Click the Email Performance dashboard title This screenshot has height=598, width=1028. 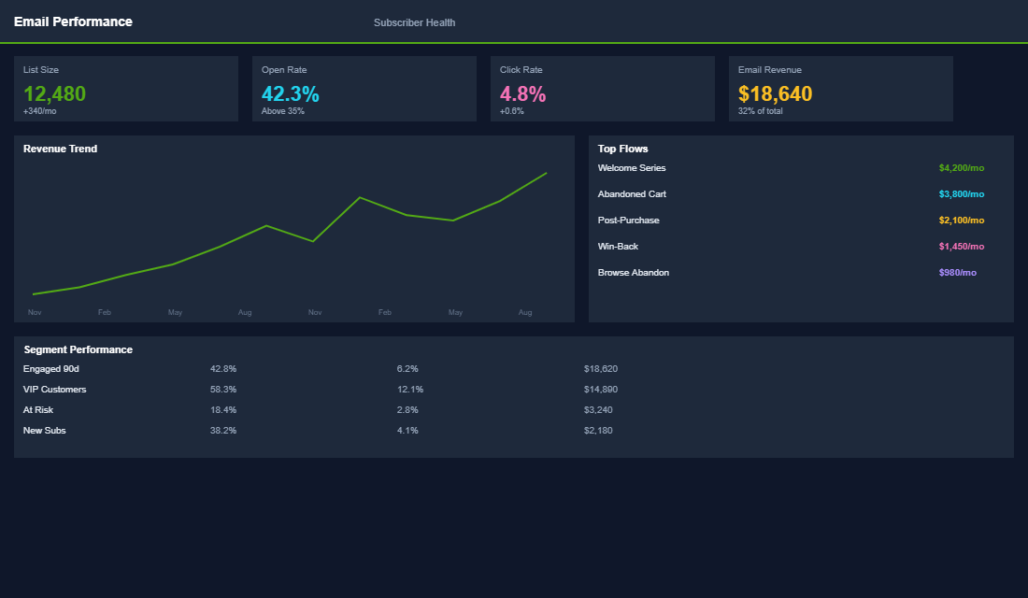pos(73,21)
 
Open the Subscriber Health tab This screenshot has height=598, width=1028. pos(414,22)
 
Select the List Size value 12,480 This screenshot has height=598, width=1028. pos(54,93)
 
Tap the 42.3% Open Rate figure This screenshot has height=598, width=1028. pos(290,93)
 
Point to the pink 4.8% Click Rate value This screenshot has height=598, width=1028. pos(522,93)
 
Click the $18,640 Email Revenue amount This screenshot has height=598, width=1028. pos(775,93)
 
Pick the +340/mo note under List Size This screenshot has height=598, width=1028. pos(40,111)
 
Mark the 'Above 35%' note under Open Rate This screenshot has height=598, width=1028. pos(282,111)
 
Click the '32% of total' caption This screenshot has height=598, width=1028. pos(760,111)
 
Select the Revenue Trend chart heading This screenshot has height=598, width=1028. pos(60,149)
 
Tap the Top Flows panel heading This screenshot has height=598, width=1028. pos(622,149)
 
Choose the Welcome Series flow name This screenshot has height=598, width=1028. pos(632,168)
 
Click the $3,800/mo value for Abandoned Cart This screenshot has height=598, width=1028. pos(961,194)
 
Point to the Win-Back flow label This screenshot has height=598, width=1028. pos(618,247)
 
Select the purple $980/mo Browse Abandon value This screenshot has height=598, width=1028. pos(957,273)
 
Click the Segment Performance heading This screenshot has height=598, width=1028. pos(78,349)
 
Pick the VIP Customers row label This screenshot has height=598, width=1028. pos(54,390)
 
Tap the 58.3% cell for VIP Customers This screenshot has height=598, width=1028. pos(223,390)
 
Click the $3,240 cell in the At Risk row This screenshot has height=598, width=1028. pos(598,410)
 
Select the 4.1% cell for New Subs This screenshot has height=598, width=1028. pos(407,431)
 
